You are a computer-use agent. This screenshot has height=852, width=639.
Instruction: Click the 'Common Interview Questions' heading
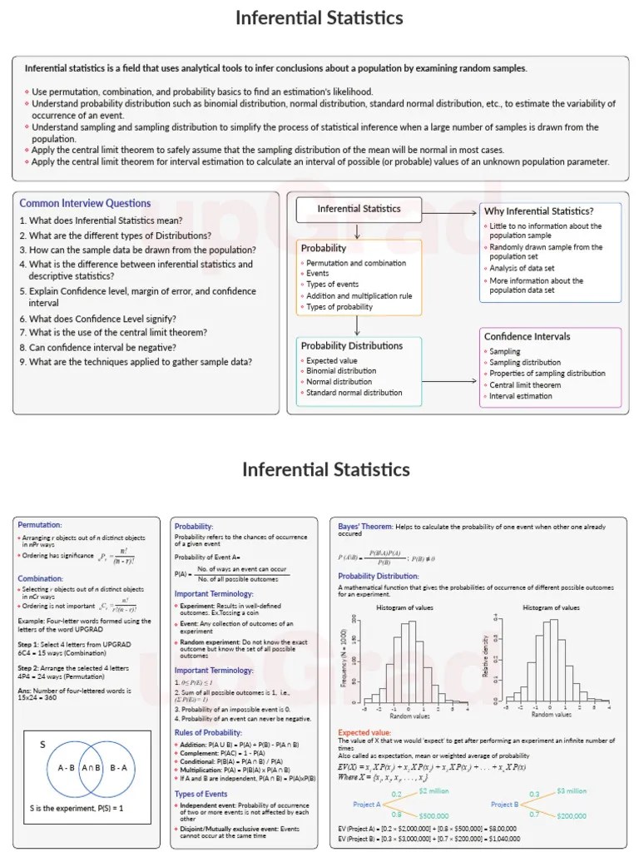point(85,203)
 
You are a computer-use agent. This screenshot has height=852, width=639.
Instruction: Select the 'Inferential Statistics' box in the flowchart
point(359,209)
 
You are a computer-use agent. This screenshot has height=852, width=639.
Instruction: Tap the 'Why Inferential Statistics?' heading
point(538,211)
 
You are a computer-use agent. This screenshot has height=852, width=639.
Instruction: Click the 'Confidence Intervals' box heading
point(527,336)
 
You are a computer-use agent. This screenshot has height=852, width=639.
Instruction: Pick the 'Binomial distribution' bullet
point(341,371)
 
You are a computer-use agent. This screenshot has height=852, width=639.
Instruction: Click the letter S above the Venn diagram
point(42,745)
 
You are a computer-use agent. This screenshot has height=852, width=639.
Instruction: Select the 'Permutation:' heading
point(40,525)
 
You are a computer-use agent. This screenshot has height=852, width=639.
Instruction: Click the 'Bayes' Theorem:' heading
point(365,526)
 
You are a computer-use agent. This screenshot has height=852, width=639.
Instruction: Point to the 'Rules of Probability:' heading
point(208,732)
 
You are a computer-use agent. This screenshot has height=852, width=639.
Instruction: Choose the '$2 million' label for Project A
point(433,790)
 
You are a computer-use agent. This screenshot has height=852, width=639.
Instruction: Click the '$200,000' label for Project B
point(572,817)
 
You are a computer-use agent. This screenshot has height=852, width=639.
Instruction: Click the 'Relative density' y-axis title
point(486,657)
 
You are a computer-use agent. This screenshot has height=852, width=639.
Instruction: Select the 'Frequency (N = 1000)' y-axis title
point(343,657)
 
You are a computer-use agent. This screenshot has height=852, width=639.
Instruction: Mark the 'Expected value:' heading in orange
point(364,732)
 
